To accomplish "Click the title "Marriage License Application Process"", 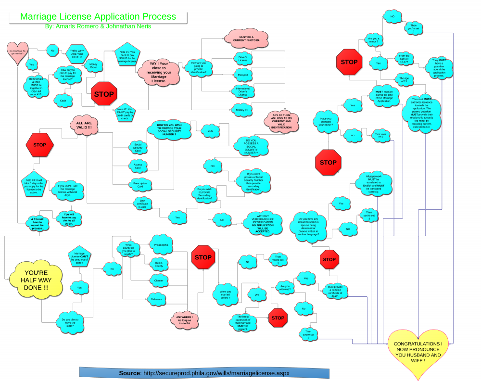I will tap(98, 17).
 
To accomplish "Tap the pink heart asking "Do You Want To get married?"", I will tap(17, 51).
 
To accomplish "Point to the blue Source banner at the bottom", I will tap(204, 373).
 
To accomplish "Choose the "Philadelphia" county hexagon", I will tap(161, 245).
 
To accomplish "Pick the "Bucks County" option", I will tap(159, 264).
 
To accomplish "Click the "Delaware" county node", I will tap(159, 299).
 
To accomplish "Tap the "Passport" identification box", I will tap(242, 75).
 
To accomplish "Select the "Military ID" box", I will tap(242, 110).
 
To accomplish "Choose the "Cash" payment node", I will tap(63, 101).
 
